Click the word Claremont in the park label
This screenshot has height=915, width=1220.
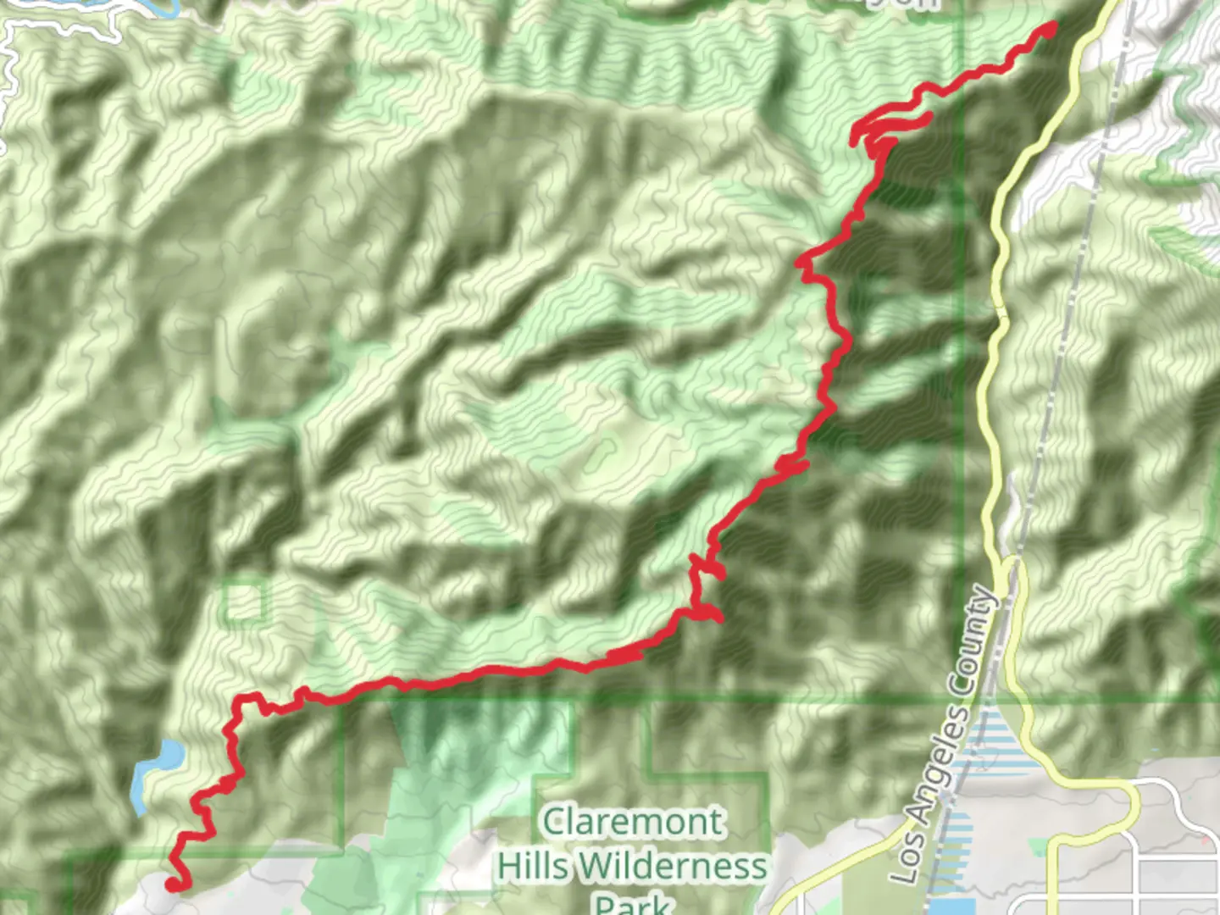point(633,822)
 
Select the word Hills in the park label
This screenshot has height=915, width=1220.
point(534,866)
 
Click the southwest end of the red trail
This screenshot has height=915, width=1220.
point(172,884)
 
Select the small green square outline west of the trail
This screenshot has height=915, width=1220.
point(244,602)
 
